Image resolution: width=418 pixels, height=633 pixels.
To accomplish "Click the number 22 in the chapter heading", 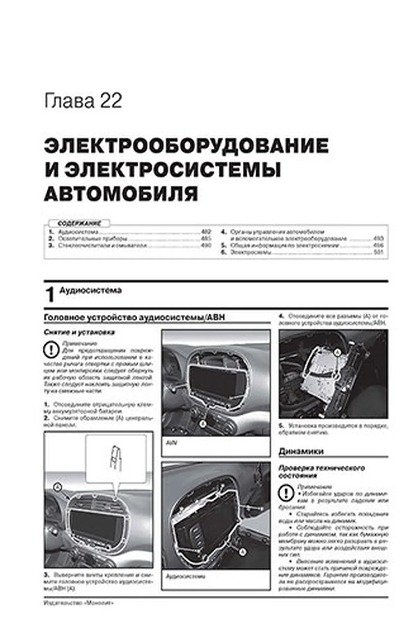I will point(111,101).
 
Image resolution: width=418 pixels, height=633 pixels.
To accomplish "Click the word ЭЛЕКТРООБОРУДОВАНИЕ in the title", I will point(186,146).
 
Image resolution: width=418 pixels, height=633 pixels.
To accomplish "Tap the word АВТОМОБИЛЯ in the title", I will point(121,194).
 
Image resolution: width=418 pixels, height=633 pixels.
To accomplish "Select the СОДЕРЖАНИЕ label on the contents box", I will point(79,223).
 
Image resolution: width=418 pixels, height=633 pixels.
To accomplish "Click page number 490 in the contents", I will point(206,245).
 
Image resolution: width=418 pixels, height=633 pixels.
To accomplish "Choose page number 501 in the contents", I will point(378,252).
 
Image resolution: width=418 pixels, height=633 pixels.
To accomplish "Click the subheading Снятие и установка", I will point(79,332).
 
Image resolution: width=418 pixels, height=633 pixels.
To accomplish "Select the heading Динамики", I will point(301,451).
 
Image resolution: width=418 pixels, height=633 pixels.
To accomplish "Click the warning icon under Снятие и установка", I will point(51,350).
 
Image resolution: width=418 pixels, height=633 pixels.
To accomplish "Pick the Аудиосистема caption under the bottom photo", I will point(186,576).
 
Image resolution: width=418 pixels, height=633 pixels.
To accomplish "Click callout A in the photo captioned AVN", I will point(203,424).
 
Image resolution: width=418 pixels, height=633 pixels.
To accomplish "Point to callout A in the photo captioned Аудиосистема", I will point(243,552).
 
